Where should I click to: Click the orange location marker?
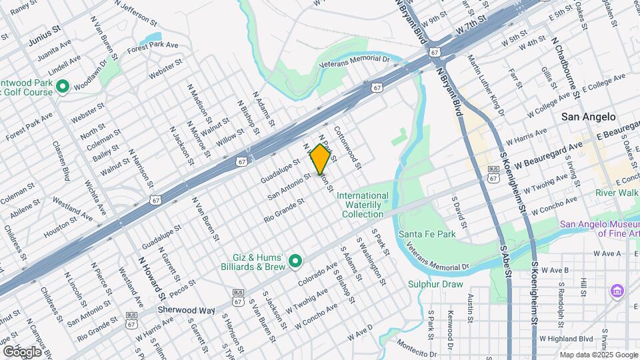[x=320, y=158]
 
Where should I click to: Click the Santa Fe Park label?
[x=427, y=234]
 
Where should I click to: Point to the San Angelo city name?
[x=588, y=117]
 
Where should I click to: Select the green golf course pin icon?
[x=63, y=87]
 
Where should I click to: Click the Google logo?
[x=22, y=351]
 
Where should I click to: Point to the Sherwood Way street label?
[x=187, y=311]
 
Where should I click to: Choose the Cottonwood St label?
[x=347, y=147]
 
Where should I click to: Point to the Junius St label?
[x=45, y=31]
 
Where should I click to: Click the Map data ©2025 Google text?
[x=589, y=355]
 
